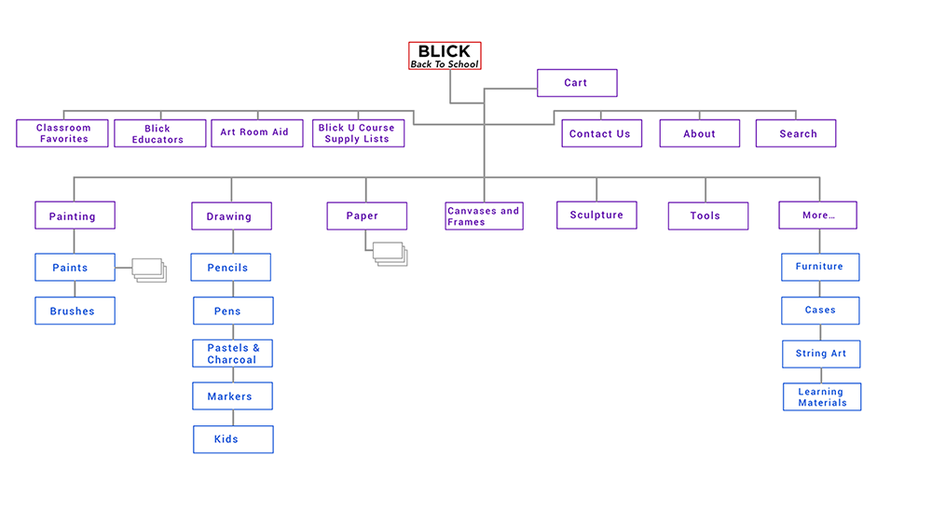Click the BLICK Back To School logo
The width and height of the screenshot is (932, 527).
coord(445,56)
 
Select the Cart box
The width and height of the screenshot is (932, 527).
coord(577,83)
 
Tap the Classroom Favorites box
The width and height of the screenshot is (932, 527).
coord(62,133)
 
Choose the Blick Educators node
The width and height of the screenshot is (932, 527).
coord(158,133)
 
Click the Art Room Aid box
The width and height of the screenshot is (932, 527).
coord(256,132)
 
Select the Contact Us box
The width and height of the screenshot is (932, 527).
coord(600,133)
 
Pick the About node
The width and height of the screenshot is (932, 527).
coord(699,133)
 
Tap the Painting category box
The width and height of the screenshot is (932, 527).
coord(75,216)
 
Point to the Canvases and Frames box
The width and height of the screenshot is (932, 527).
coord(484,216)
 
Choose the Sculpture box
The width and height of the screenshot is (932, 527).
coord(596,215)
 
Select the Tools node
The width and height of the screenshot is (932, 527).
coord(707,216)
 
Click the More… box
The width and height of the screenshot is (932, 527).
coord(817,215)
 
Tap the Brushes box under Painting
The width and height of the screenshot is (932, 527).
coord(75,312)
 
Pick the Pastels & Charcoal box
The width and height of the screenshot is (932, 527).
coord(233,354)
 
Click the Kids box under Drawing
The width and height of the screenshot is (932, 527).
coord(233,439)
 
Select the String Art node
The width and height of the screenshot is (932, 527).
coord(820,354)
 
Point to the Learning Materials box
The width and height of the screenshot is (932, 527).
coord(822,397)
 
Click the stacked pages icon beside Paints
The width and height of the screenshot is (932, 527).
coord(148,270)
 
